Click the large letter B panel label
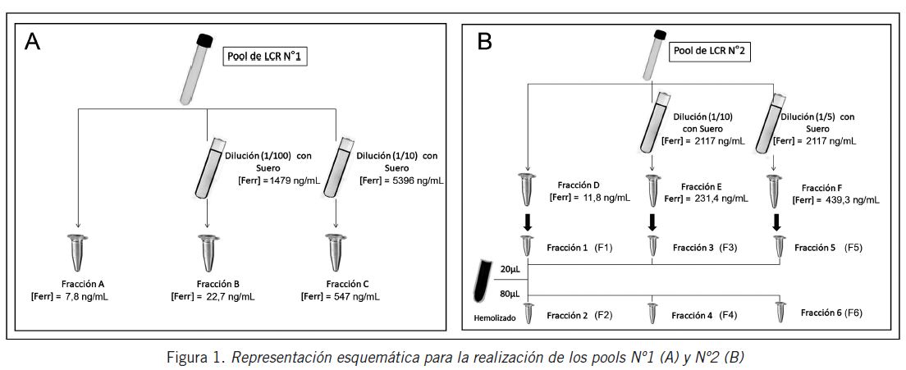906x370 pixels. coord(484,41)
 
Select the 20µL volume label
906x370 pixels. coord(510,269)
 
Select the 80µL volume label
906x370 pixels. coord(510,293)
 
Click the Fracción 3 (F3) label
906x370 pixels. coord(702,247)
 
